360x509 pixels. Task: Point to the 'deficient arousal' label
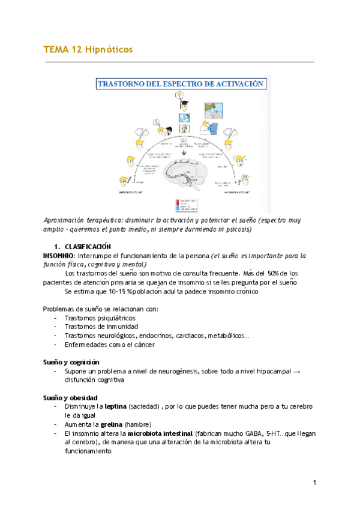point(133,193)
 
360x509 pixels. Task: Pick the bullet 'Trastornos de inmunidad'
point(100,327)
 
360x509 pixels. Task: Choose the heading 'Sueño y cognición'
point(71,363)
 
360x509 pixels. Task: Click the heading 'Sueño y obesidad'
point(70,398)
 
